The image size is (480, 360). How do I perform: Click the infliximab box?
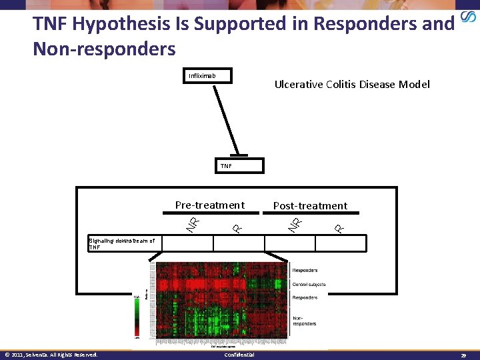[209, 76]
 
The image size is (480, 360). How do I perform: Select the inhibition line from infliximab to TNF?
[227, 120]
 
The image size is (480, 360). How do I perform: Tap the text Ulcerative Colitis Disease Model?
[352, 84]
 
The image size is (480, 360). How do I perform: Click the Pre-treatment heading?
[209, 205]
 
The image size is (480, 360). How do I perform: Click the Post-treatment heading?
[310, 206]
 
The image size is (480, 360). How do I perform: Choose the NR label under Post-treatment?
[295, 224]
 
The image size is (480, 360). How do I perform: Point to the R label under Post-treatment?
[339, 227]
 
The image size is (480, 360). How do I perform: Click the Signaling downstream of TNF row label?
[121, 244]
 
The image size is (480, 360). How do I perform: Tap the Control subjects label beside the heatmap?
[309, 284]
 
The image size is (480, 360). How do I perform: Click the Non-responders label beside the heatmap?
[305, 321]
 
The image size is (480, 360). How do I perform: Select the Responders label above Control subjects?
[305, 270]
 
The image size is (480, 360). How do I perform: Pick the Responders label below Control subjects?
[305, 297]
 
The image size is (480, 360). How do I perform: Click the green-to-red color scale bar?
[137, 317]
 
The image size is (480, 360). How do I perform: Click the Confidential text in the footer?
[239, 355]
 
